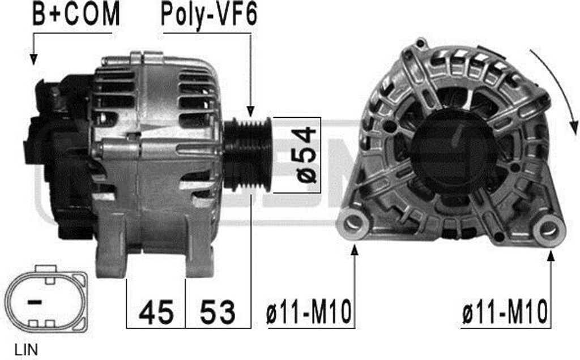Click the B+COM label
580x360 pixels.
click(76, 14)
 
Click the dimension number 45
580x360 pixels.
click(156, 312)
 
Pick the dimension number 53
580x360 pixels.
click(217, 312)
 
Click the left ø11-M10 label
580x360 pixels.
click(309, 312)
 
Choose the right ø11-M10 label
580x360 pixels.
click(505, 312)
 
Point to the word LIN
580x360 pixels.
click(26, 350)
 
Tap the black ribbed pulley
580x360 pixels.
click(248, 154)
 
